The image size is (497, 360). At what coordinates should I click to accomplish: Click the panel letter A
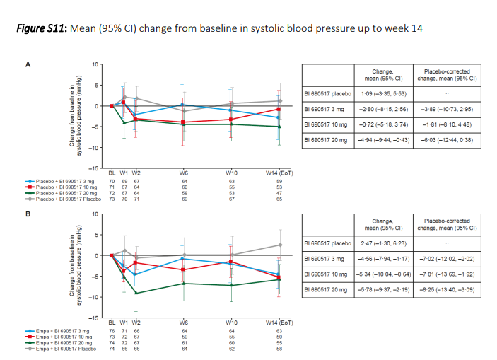[x=28, y=64]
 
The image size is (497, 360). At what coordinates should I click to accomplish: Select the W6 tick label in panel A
[x=184, y=173]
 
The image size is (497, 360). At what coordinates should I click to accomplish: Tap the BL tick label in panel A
[x=112, y=173]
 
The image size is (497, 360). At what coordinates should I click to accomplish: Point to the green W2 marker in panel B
[x=136, y=293]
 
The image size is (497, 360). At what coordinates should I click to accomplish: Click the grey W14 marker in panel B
[x=279, y=245]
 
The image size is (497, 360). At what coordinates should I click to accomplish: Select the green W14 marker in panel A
[x=279, y=127]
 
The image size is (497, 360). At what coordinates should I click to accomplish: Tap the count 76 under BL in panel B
[x=112, y=330]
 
